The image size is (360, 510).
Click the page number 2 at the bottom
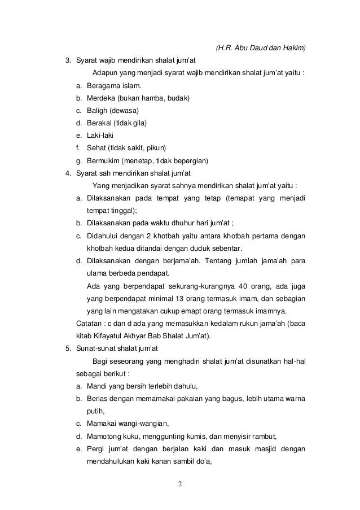179,485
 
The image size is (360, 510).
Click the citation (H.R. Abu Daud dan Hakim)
261,49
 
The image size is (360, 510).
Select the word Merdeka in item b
99,98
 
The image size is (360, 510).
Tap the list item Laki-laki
98,136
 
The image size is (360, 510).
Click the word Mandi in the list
96,386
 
